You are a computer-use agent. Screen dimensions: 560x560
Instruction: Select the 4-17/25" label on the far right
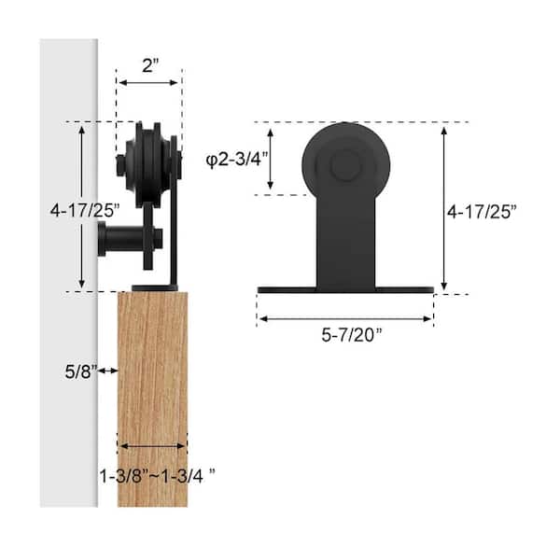(482, 212)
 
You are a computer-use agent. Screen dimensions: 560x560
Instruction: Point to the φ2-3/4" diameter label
(237, 159)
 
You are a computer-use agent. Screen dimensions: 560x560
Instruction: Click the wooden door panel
(152, 392)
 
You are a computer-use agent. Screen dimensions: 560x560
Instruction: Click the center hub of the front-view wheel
(344, 168)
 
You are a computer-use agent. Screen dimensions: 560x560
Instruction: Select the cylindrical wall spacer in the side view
(121, 242)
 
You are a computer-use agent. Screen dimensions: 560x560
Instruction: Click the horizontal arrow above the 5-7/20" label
(345, 318)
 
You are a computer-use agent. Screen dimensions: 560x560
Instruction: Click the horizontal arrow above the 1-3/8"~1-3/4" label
(152, 446)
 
